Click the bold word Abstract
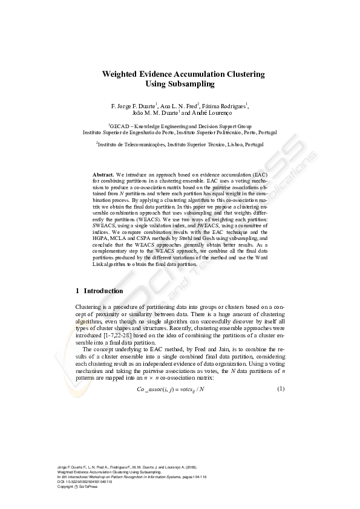[103, 174]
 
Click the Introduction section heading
[103, 291]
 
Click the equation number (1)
[281, 388]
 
